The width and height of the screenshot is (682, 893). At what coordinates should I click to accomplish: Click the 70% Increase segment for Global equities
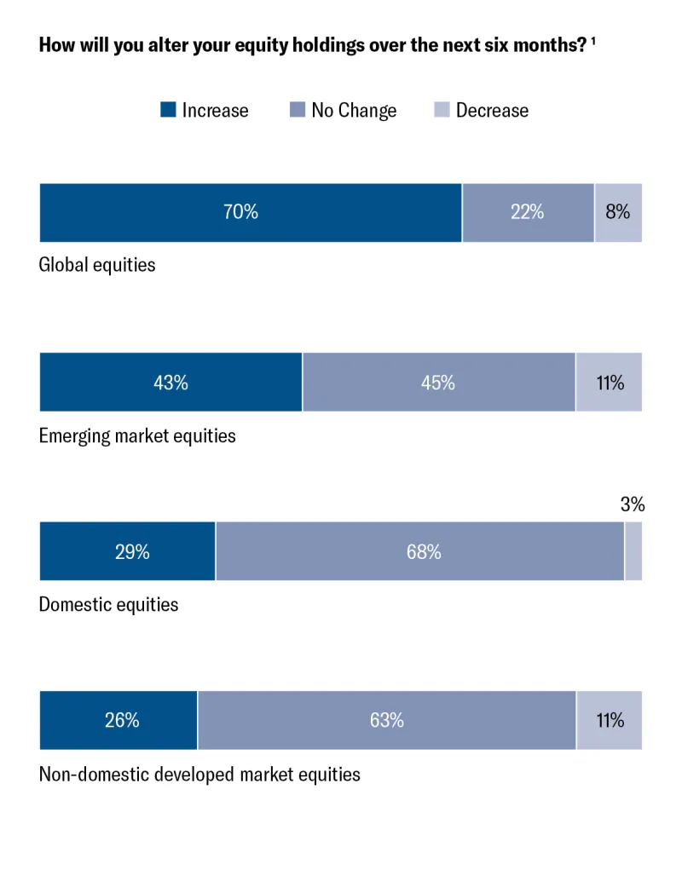[251, 212]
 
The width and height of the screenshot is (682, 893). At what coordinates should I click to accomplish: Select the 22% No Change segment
[528, 212]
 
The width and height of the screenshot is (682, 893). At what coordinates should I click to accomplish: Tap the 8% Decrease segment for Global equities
[618, 212]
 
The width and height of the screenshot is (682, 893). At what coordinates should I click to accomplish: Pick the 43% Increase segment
[170, 382]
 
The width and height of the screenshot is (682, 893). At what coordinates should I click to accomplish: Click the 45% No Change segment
[438, 382]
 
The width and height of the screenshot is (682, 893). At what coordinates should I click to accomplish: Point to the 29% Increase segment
[128, 551]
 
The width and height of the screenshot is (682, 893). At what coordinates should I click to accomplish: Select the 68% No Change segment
[419, 551]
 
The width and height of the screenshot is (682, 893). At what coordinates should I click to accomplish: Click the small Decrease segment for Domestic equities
[633, 551]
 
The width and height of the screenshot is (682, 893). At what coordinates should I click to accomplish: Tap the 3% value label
[633, 505]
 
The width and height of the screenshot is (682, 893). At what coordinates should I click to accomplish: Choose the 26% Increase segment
[118, 720]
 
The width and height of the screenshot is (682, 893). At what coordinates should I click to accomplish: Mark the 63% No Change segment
[386, 720]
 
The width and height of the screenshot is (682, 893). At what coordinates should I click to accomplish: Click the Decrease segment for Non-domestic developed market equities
[610, 720]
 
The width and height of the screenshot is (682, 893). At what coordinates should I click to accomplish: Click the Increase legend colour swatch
[168, 110]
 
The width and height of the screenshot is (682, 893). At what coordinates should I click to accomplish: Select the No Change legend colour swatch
[298, 110]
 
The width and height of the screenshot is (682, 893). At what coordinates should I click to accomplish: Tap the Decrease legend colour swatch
[442, 110]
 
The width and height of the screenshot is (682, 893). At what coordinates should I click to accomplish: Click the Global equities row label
[97, 265]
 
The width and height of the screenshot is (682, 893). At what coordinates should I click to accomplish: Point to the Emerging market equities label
[137, 436]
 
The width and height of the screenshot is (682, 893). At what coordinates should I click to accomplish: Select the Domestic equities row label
[109, 605]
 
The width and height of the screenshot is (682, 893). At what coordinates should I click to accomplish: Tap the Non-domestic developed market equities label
[199, 775]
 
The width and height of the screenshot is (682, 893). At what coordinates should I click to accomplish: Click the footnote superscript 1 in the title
[592, 42]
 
